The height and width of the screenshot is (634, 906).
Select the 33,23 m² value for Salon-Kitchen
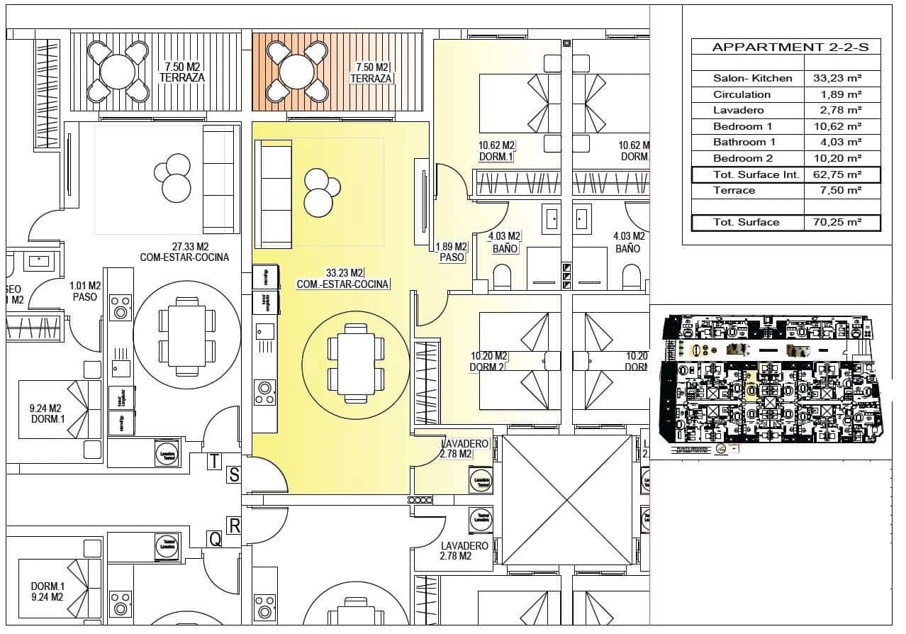837,79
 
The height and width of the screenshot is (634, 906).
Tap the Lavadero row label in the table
738,111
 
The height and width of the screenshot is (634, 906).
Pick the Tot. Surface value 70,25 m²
837,223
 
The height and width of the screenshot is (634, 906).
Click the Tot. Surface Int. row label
756,174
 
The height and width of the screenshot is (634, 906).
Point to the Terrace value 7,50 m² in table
837,191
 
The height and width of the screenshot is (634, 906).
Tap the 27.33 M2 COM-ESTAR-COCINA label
184,251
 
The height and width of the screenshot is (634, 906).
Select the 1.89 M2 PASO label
452,252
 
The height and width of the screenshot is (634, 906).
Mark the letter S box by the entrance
234,474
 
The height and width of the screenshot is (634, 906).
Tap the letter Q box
215,540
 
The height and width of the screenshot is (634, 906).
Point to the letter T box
214,462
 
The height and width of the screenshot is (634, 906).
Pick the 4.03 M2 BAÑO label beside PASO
505,243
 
